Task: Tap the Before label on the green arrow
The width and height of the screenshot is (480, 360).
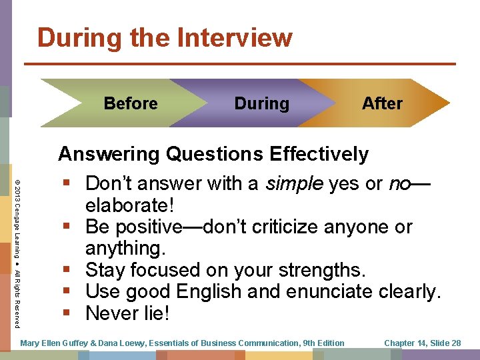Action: pos(131,103)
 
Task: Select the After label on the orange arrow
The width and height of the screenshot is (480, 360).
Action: pos(382,103)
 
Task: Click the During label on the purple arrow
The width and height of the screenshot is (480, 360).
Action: pos(262,103)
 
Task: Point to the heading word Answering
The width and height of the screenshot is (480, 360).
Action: pos(109,155)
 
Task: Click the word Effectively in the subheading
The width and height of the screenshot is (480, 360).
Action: pos(319,155)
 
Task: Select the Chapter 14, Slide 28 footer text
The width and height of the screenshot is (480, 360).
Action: pos(422,343)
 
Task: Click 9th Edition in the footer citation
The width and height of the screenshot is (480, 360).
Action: pos(323,343)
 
